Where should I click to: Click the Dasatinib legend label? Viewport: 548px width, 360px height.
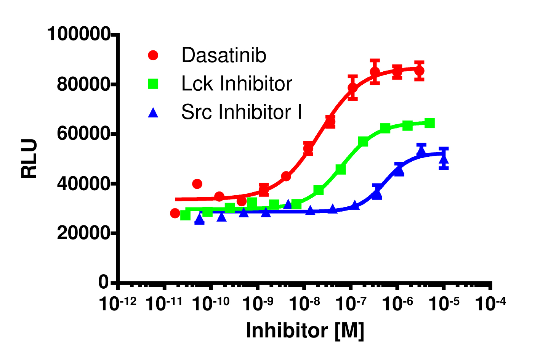tap(224, 55)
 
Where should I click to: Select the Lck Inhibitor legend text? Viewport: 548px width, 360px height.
tap(236, 84)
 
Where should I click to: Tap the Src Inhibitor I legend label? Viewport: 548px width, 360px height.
tap(241, 112)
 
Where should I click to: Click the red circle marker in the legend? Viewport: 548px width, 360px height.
tap(153, 55)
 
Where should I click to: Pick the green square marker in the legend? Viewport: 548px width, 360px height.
tap(153, 84)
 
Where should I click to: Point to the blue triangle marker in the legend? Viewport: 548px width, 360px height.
tap(153, 112)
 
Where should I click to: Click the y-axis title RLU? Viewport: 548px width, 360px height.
tap(29, 158)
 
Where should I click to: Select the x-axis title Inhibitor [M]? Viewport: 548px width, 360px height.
tap(305, 330)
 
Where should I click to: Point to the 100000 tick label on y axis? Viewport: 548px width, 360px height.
tap(79, 34)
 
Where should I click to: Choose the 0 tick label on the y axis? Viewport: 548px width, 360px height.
tap(103, 283)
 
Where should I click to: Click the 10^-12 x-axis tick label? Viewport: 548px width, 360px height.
tap(117, 304)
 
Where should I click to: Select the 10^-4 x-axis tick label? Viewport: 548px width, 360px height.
tap(490, 304)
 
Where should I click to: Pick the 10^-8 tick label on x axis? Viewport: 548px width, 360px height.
tap(304, 304)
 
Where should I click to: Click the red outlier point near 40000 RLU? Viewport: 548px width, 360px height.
tap(197, 184)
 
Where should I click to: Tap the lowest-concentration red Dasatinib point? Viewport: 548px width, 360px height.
tap(175, 213)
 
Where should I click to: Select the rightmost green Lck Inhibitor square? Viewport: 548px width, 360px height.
tap(430, 123)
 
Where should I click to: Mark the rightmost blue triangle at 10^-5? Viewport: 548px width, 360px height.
tap(444, 158)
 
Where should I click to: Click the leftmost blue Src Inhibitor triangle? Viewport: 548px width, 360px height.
tap(199, 220)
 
